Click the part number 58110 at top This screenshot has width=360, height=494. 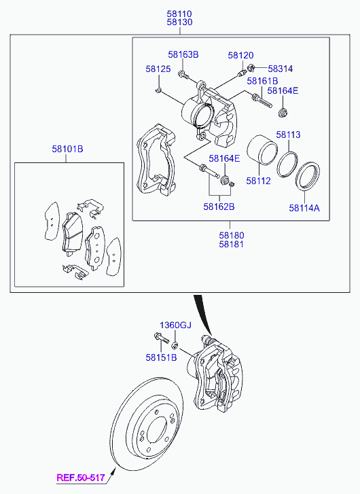click(179, 14)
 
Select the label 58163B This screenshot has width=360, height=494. click(183, 54)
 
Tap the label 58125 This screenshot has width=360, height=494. click(158, 69)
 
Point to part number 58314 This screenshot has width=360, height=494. click(281, 69)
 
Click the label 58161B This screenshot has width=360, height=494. click(262, 81)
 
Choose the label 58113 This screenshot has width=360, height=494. click(288, 135)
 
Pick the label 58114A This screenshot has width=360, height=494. click(304, 208)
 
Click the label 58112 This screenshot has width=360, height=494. click(258, 181)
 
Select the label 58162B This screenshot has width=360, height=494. click(219, 207)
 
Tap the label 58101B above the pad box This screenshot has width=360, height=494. click(67, 149)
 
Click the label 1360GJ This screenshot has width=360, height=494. click(175, 325)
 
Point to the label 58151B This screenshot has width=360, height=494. click(161, 357)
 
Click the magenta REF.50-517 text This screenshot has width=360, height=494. click(81, 478)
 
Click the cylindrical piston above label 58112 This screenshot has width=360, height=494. click(262, 150)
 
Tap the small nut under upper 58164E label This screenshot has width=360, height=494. click(283, 113)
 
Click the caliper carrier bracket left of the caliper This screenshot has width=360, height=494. click(156, 160)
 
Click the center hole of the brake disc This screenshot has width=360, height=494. click(157, 431)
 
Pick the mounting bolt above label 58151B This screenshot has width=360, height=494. click(162, 338)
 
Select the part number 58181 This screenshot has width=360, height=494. click(232, 244)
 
